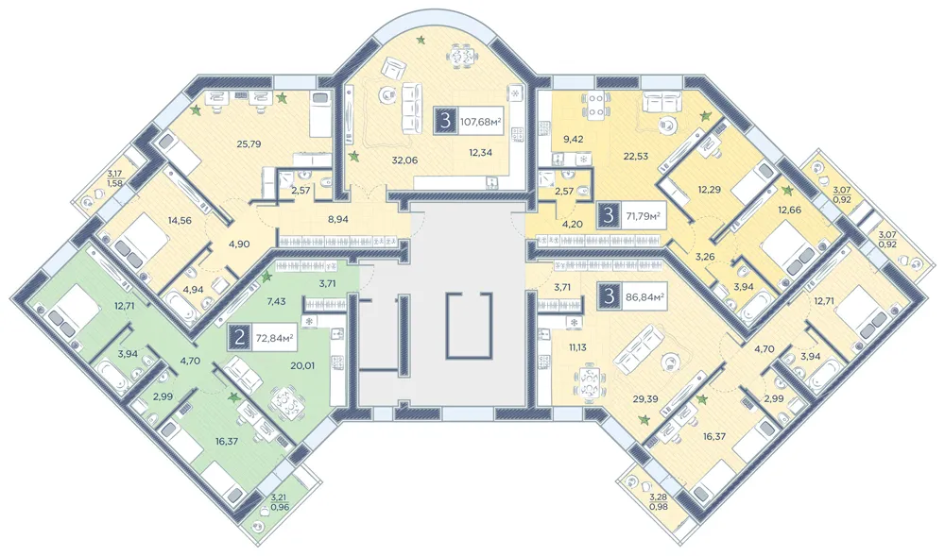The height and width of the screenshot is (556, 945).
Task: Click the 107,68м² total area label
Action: (x=481, y=122)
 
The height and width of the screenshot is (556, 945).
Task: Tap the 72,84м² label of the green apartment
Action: (x=274, y=338)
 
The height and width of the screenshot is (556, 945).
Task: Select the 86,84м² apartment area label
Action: (x=644, y=296)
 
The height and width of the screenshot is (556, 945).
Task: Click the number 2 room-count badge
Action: (x=239, y=338)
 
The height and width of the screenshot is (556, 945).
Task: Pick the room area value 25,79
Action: (x=249, y=143)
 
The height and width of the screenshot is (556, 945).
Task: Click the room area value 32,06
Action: (x=404, y=160)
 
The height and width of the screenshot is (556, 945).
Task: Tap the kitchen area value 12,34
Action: (x=480, y=152)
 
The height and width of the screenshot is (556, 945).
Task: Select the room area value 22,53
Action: (x=636, y=157)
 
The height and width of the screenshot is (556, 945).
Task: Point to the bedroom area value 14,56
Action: (x=180, y=220)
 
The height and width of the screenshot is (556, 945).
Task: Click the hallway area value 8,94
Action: (x=337, y=220)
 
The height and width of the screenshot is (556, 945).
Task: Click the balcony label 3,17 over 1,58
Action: (x=115, y=179)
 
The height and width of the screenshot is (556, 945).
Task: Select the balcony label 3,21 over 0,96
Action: (x=280, y=502)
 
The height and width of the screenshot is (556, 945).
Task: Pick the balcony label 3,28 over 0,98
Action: (x=658, y=500)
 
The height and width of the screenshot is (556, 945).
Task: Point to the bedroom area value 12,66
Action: (x=808, y=210)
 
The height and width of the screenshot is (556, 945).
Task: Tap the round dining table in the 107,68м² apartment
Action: (x=463, y=58)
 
